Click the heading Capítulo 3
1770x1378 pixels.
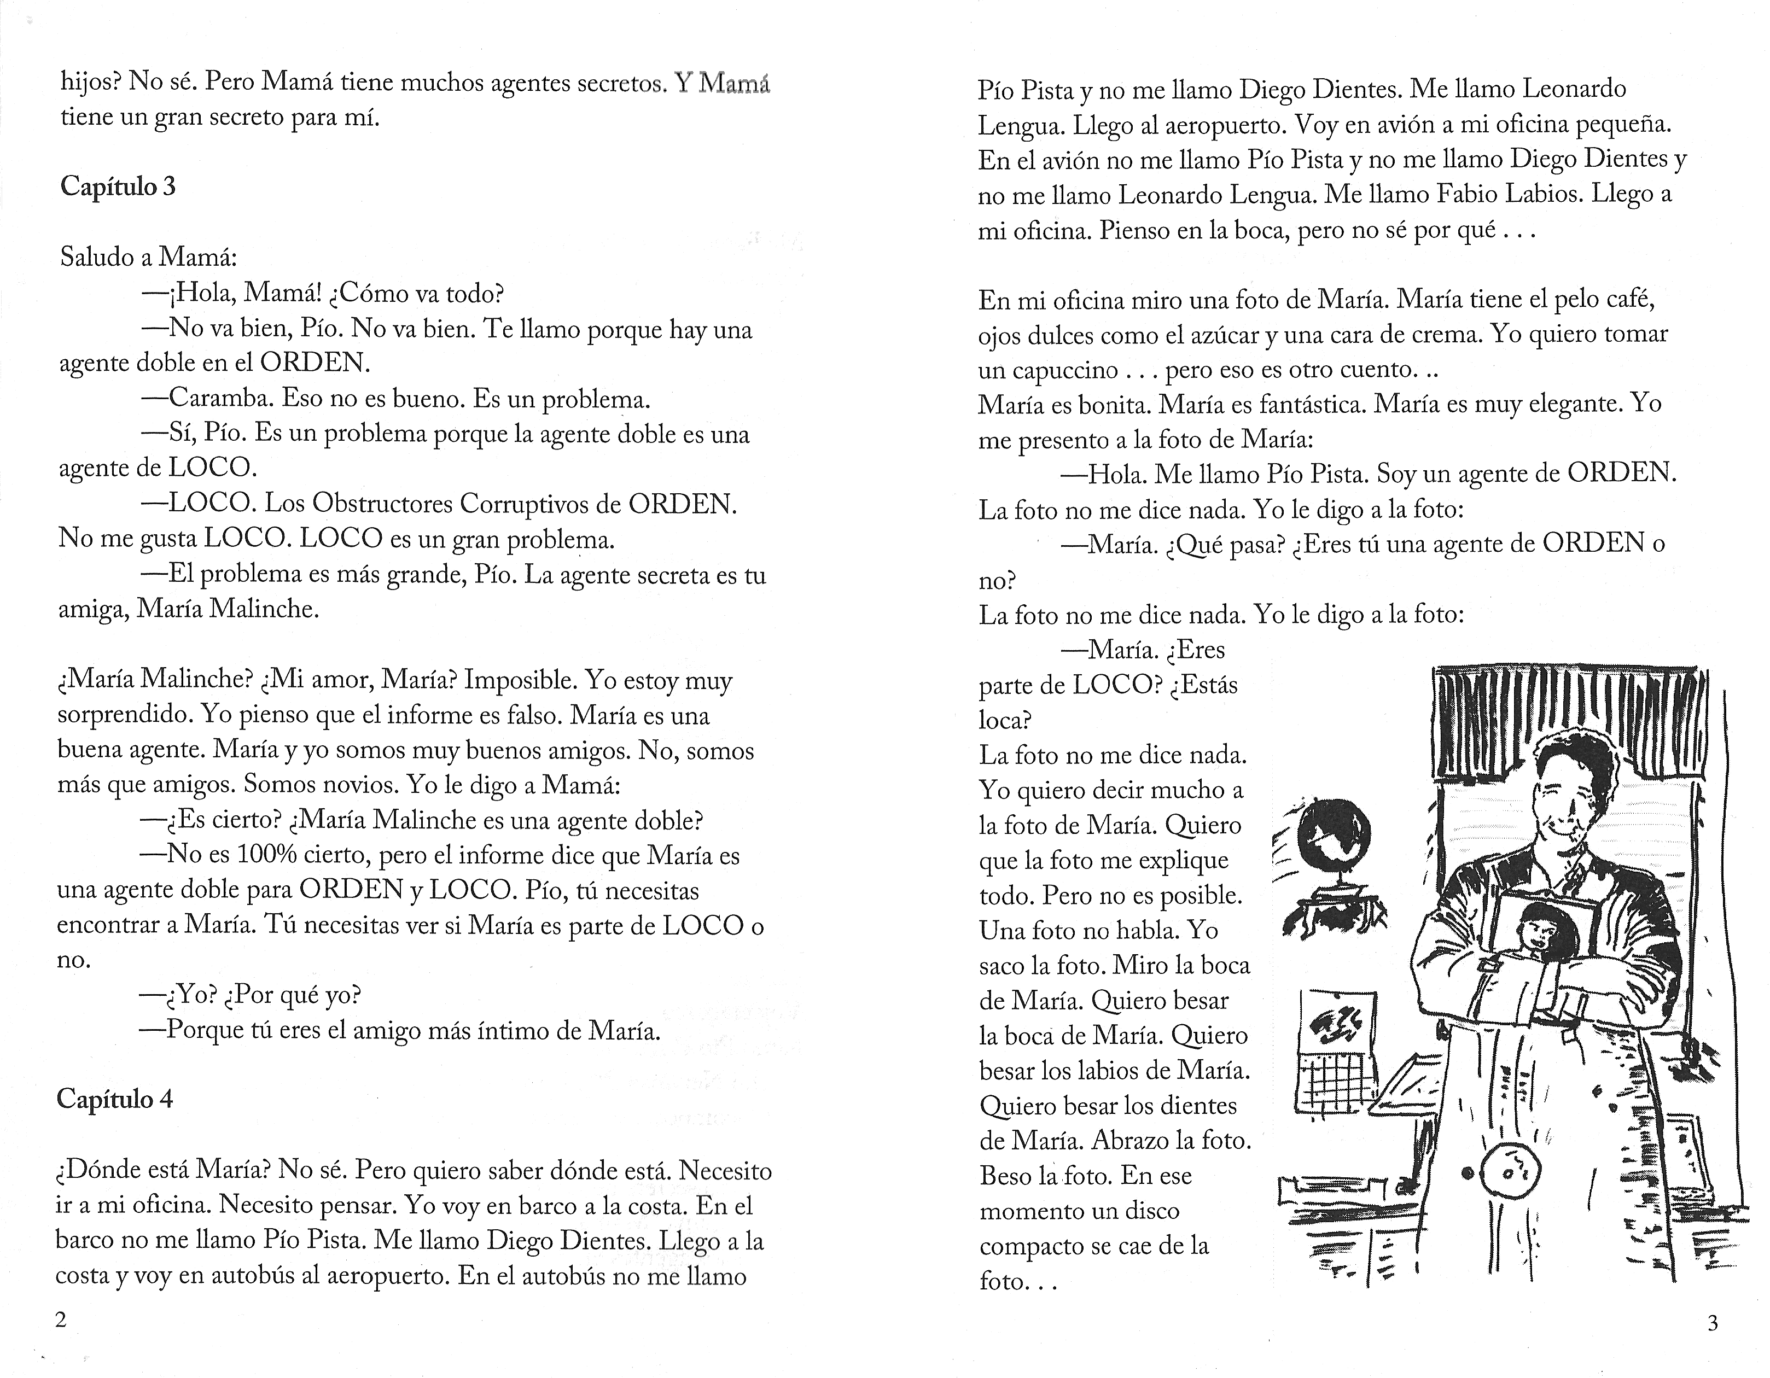118,187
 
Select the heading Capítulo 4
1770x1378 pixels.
114,1099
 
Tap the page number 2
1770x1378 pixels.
60,1319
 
